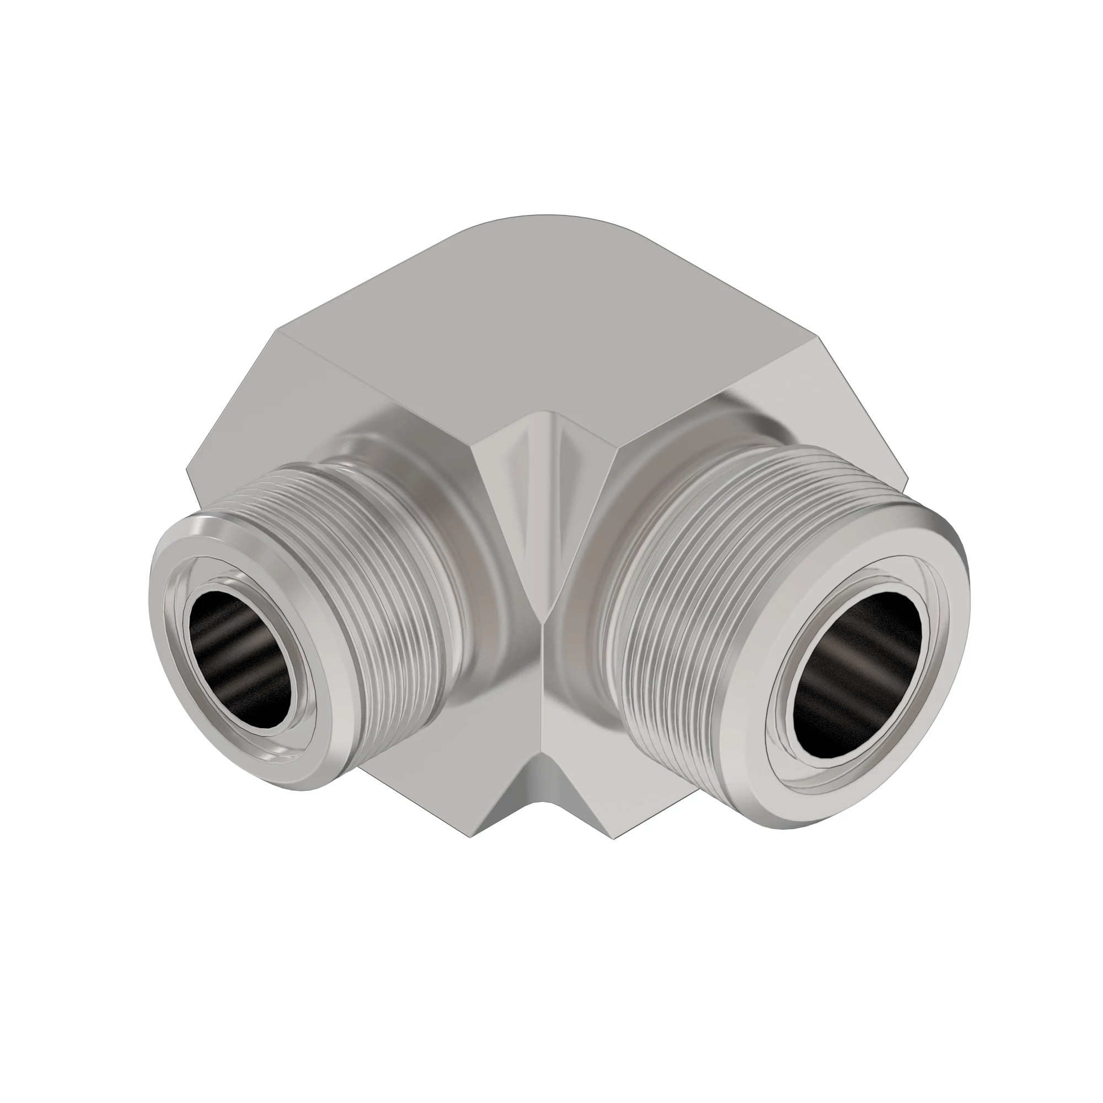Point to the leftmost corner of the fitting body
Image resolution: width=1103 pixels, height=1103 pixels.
click(188, 469)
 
